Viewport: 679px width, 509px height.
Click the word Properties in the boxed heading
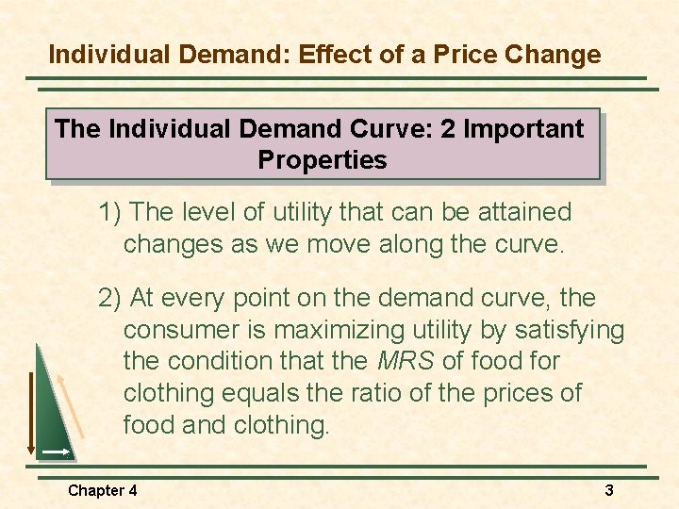(x=322, y=160)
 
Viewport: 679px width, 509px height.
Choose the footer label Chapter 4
(x=102, y=490)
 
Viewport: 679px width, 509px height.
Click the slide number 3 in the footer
(x=609, y=490)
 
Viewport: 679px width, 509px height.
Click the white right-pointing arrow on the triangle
(x=56, y=453)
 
